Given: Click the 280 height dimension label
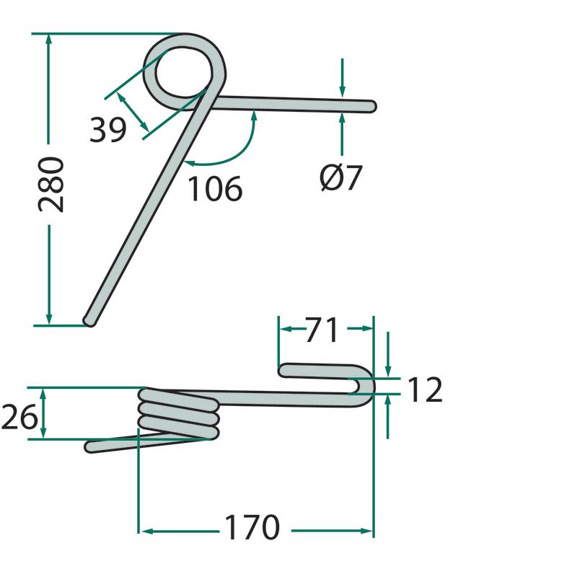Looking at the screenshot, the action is [51, 185].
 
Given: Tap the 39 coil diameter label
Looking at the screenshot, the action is [107, 130].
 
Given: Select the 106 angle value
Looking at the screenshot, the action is [215, 188].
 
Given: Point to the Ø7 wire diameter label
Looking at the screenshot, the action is [341, 177].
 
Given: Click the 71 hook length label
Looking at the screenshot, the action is [322, 330].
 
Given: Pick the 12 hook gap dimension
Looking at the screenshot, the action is [425, 389].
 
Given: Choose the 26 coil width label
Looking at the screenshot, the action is [19, 417].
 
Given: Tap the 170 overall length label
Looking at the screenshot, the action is [252, 527].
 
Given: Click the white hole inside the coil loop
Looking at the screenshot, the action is [184, 71].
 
